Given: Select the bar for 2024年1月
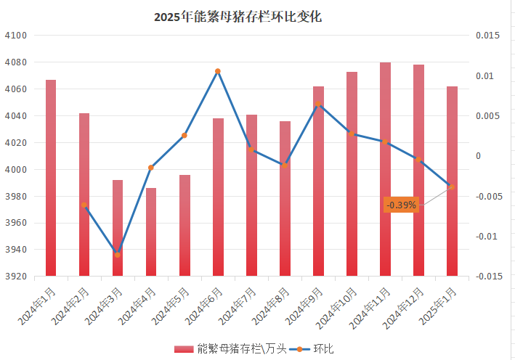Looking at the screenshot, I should (51, 178).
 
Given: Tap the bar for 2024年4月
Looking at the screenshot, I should (151, 232).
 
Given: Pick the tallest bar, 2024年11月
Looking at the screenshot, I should (385, 169).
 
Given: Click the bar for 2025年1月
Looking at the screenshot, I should (452, 181).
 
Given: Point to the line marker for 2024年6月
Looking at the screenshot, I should (218, 71).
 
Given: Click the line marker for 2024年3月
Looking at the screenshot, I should (118, 255).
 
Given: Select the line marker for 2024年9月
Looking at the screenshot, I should (318, 105).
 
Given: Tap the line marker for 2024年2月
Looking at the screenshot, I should (84, 205).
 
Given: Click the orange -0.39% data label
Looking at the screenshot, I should (401, 205).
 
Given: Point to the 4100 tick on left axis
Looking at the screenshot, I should (15, 36).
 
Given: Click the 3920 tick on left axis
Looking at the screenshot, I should (15, 277).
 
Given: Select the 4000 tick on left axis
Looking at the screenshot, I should (15, 170).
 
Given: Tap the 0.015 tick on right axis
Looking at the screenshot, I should (488, 36).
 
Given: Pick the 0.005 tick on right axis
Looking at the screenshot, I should (488, 116).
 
